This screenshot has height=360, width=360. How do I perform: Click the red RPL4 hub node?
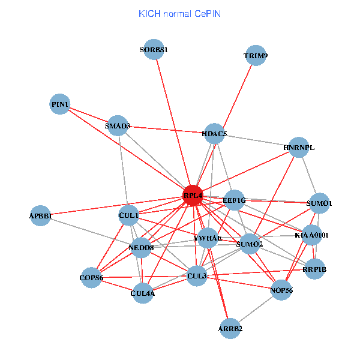pyautogui.click(x=193, y=196)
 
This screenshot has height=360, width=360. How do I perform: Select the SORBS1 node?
pyautogui.click(x=155, y=50)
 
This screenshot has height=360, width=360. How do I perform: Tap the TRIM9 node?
pyautogui.click(x=256, y=56)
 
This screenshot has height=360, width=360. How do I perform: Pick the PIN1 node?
pyautogui.click(x=60, y=104)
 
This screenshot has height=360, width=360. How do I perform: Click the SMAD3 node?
pyautogui.click(x=117, y=126)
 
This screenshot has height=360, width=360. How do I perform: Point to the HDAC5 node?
pyautogui.click(x=214, y=134)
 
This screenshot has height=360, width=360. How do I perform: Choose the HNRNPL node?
pyautogui.click(x=299, y=147)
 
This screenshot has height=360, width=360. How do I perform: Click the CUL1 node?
pyautogui.click(x=129, y=215)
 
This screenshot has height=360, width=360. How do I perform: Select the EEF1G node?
pyautogui.click(x=234, y=200)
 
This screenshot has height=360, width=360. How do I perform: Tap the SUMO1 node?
pyautogui.click(x=319, y=203)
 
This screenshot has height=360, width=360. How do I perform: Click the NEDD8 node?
pyautogui.click(x=142, y=247)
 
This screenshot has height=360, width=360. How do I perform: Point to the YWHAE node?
pyautogui.click(x=208, y=238)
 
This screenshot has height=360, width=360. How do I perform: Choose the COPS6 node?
pyautogui.click(x=92, y=278)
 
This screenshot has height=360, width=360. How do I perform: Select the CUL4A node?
pyautogui.click(x=143, y=293)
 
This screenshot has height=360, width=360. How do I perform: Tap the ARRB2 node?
pyautogui.click(x=231, y=328)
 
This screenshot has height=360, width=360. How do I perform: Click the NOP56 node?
pyautogui.click(x=281, y=290)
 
